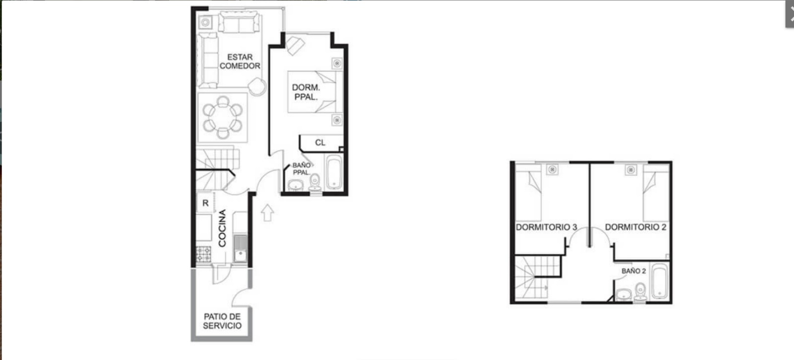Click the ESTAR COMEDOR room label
click(x=240, y=62)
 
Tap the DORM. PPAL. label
click(x=306, y=92)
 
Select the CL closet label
click(x=320, y=143)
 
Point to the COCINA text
click(x=222, y=228)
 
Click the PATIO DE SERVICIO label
click(x=222, y=321)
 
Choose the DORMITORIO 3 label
click(x=546, y=227)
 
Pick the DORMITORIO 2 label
click(x=636, y=227)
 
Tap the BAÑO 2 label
click(x=634, y=271)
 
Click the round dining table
click(x=223, y=117)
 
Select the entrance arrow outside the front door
click(x=267, y=213)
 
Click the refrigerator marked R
click(x=205, y=203)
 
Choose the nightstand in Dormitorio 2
click(x=631, y=170)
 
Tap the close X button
click(x=791, y=14)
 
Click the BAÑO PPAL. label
click(x=301, y=169)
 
